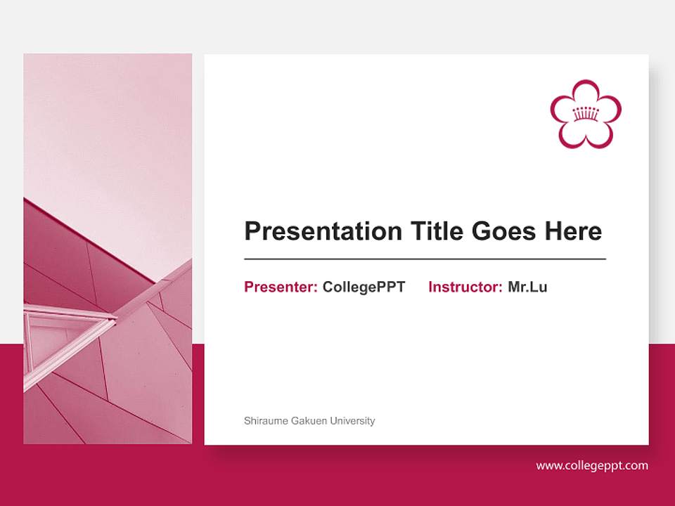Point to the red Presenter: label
281,287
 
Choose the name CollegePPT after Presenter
364,287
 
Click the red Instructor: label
465,287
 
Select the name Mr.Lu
527,287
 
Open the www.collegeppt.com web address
592,465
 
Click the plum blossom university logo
586,114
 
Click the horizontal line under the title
425,259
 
